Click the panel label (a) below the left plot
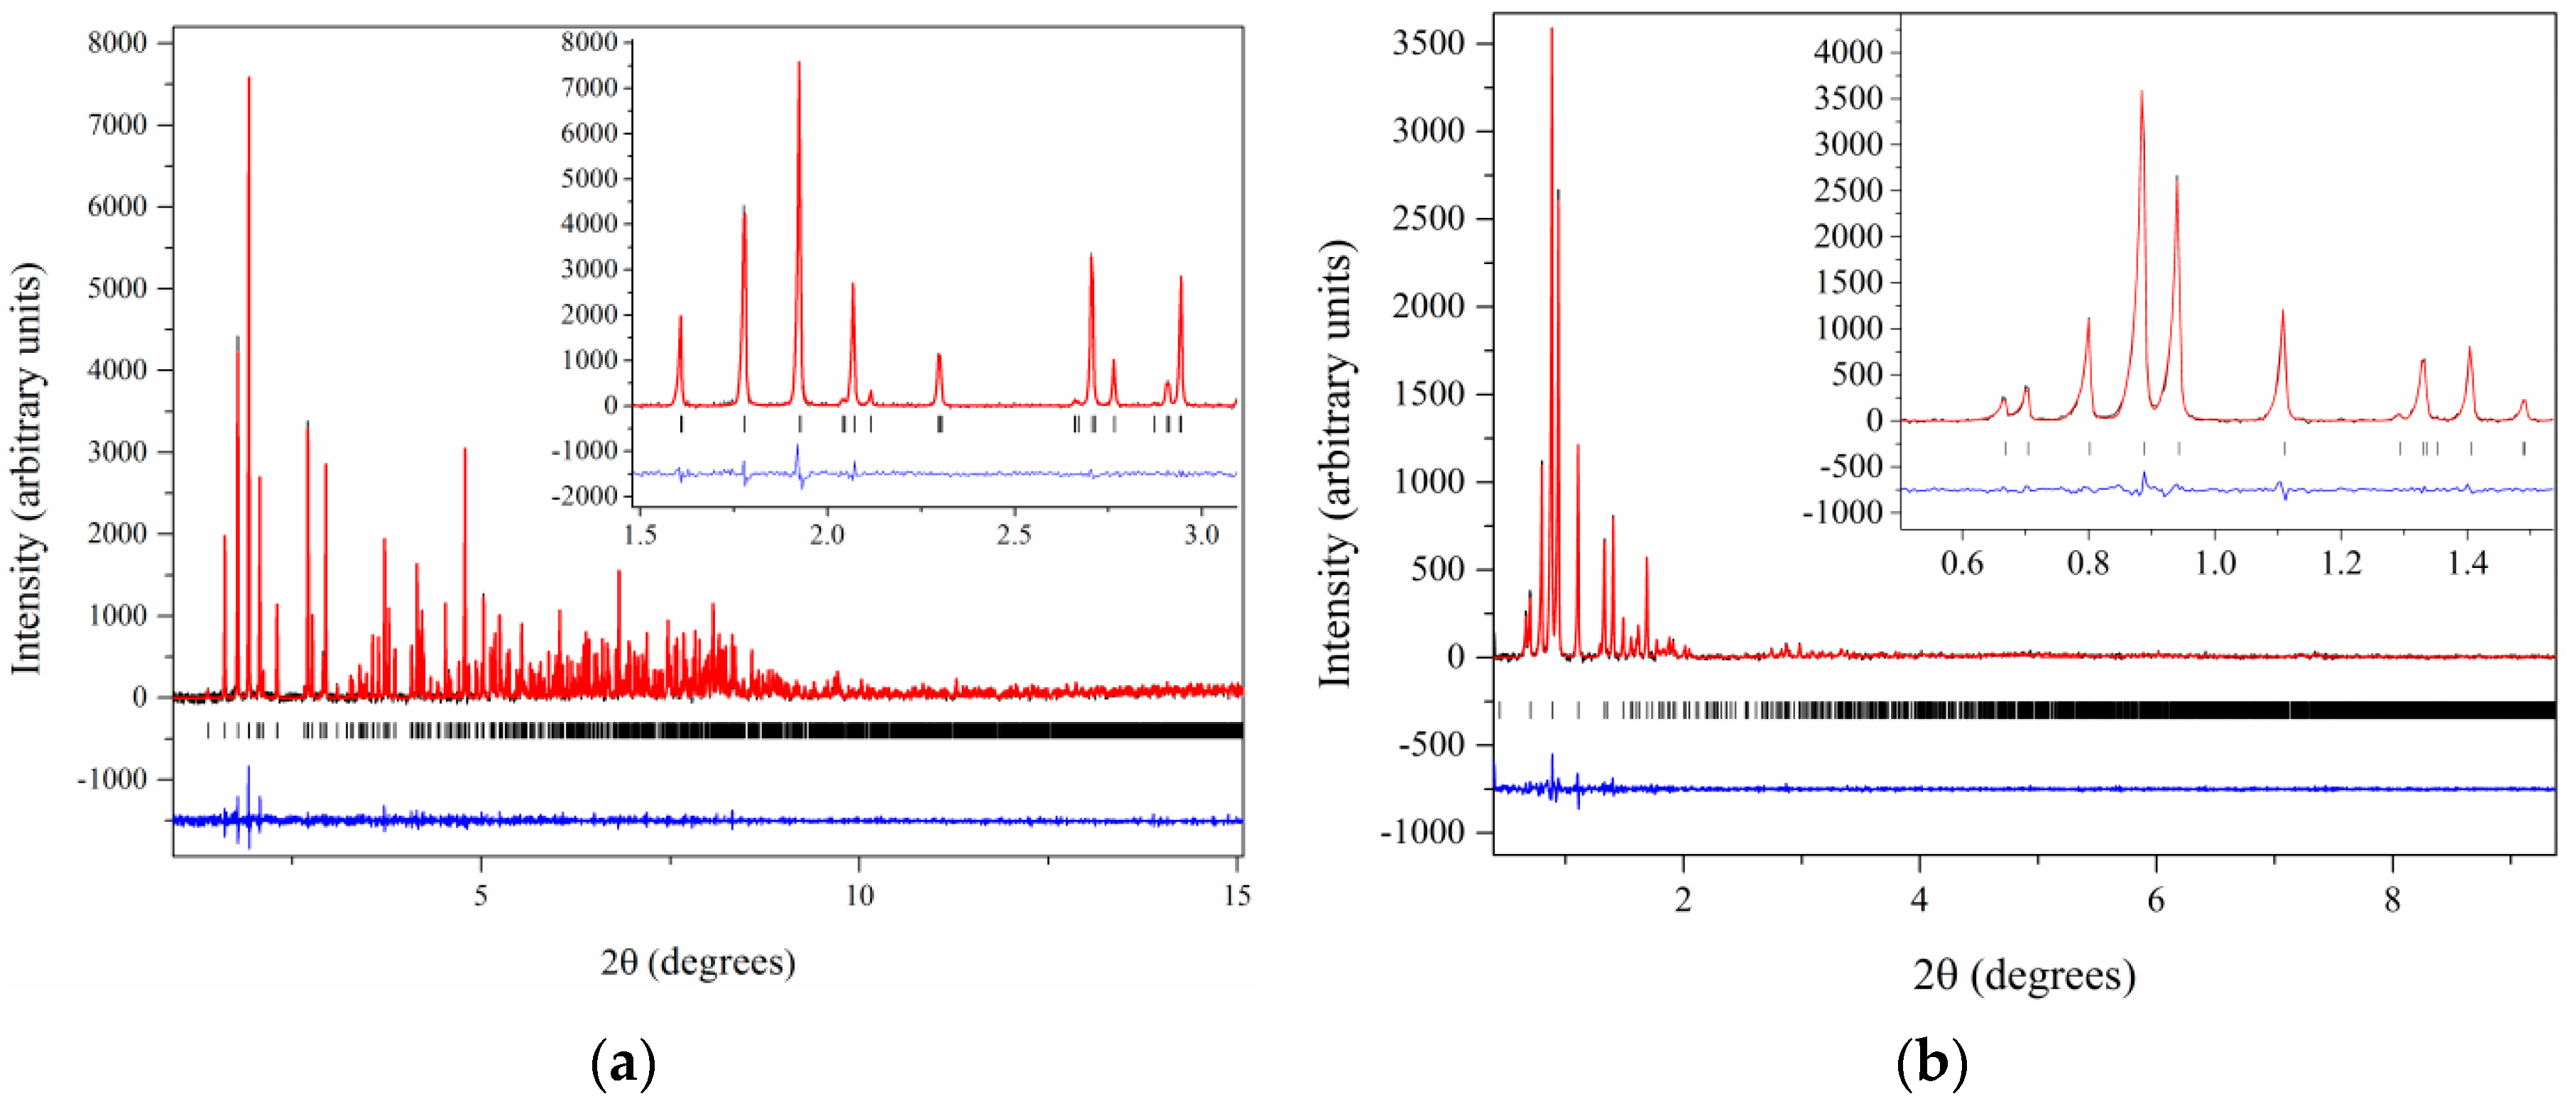point(623,1063)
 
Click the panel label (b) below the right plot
point(1931,1063)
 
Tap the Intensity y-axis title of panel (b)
point(1335,464)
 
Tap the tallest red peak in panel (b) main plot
point(1552,30)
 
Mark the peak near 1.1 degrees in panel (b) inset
point(2282,312)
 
